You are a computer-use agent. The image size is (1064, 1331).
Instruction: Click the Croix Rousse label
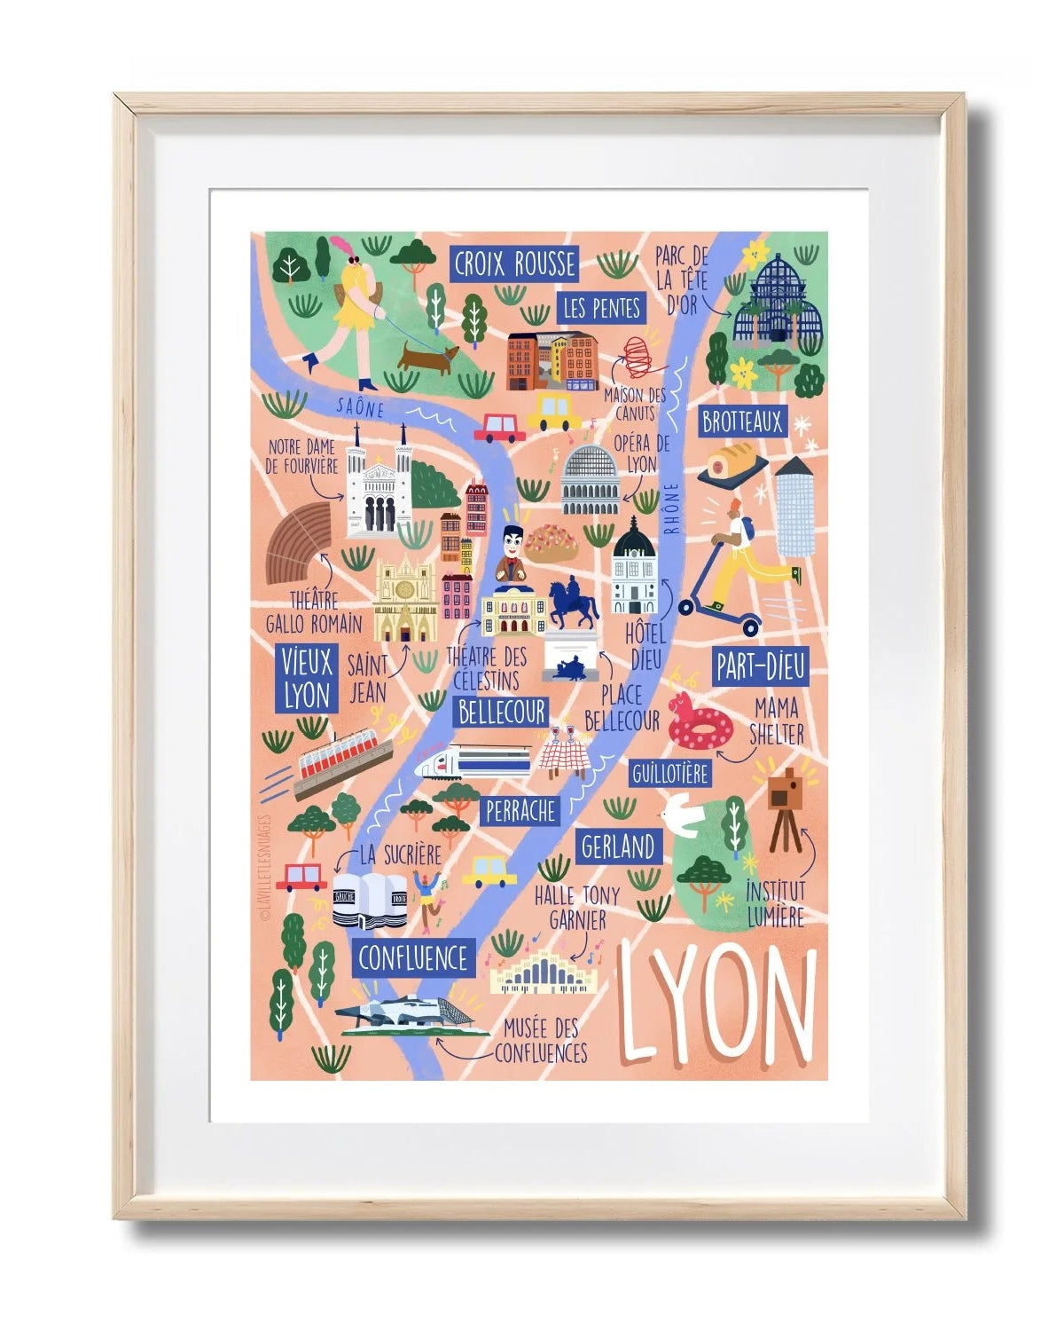click(514, 264)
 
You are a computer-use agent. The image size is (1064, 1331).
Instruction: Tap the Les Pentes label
click(601, 308)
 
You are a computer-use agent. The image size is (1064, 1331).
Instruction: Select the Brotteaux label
click(742, 421)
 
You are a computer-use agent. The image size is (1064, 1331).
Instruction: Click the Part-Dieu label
click(761, 667)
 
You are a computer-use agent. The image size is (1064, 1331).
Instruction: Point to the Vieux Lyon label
click(307, 678)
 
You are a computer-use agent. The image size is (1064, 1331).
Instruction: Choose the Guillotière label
click(670, 774)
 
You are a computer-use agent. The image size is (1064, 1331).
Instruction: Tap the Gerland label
click(618, 847)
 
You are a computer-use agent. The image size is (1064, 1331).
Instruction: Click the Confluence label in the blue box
click(412, 958)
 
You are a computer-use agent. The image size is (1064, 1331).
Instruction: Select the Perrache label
click(520, 810)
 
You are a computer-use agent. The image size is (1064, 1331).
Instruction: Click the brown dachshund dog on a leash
click(427, 358)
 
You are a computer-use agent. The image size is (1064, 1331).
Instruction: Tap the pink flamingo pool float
click(698, 723)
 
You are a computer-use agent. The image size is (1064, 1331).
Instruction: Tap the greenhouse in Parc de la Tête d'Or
click(773, 297)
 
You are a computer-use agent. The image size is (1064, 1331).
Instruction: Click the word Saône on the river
click(360, 407)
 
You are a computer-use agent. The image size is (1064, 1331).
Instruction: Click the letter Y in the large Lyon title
click(688, 1001)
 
